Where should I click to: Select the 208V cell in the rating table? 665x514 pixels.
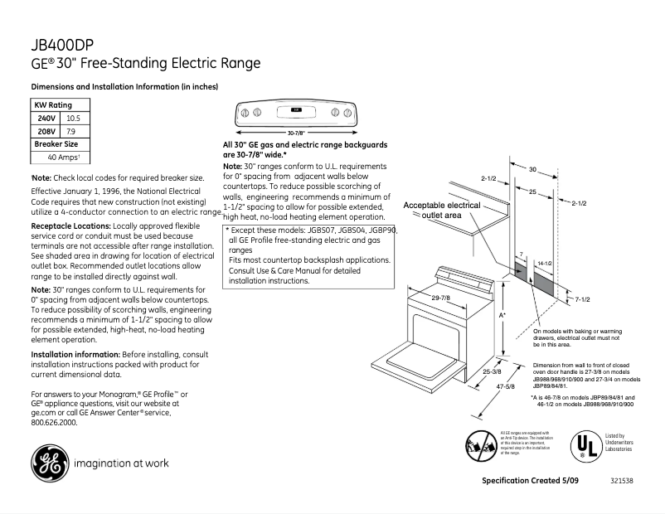coord(46,131)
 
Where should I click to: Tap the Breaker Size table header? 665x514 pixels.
coord(56,143)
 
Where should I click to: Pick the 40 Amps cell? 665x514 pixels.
coord(62,157)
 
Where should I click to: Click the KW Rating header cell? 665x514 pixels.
coord(52,105)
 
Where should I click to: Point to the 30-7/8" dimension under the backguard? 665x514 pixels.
coord(296,132)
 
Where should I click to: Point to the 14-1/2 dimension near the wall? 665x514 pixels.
coord(544,262)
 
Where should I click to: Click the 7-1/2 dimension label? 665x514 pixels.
coord(583,298)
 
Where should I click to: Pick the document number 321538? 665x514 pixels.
coord(622,481)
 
